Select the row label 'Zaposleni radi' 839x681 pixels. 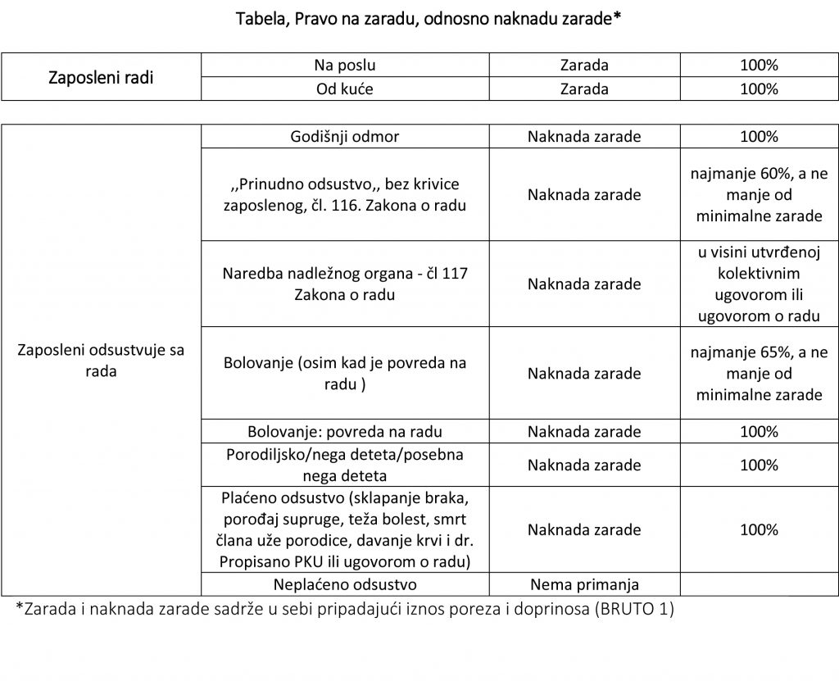[101, 77]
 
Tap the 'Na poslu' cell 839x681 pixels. [345, 66]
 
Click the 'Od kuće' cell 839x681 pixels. [345, 89]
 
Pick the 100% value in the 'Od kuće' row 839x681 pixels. [759, 89]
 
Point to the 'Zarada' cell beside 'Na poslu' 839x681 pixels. [584, 66]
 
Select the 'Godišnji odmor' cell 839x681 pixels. [345, 137]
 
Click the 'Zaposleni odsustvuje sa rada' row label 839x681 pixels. [101, 361]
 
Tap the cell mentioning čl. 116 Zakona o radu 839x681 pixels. [345, 195]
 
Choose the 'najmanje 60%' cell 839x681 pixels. [759, 195]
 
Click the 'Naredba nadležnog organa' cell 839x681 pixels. [345, 284]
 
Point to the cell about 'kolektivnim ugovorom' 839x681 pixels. [759, 284]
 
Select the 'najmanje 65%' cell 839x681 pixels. [759, 373]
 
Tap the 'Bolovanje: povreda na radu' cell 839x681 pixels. [345, 431]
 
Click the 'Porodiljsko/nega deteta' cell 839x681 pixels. [345, 465]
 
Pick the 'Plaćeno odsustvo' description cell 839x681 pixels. [345, 530]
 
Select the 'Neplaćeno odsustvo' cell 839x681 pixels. [345, 584]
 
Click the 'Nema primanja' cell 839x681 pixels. [584, 584]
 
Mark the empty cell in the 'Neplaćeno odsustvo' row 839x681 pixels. [759, 584]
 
